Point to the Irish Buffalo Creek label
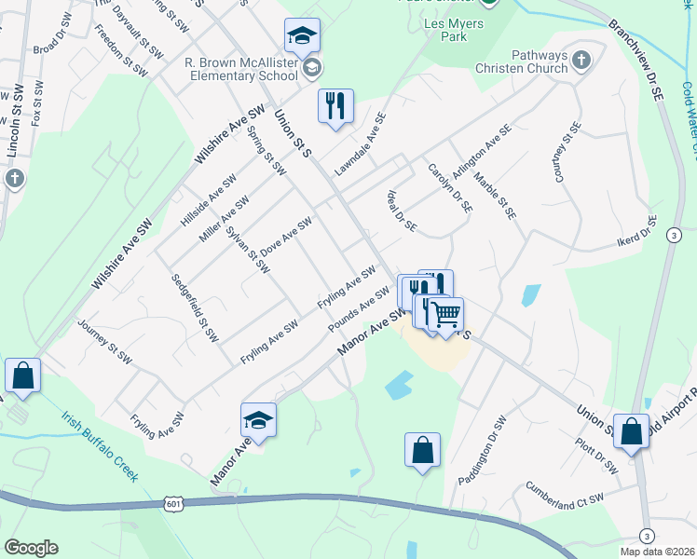pyautogui.click(x=100, y=446)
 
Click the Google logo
pyautogui.click(x=31, y=547)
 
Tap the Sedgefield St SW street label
pyautogui.click(x=195, y=307)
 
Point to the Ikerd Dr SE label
pyautogui.click(x=634, y=233)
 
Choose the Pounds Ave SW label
pyautogui.click(x=359, y=308)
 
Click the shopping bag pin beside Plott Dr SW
pyautogui.click(x=632, y=431)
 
